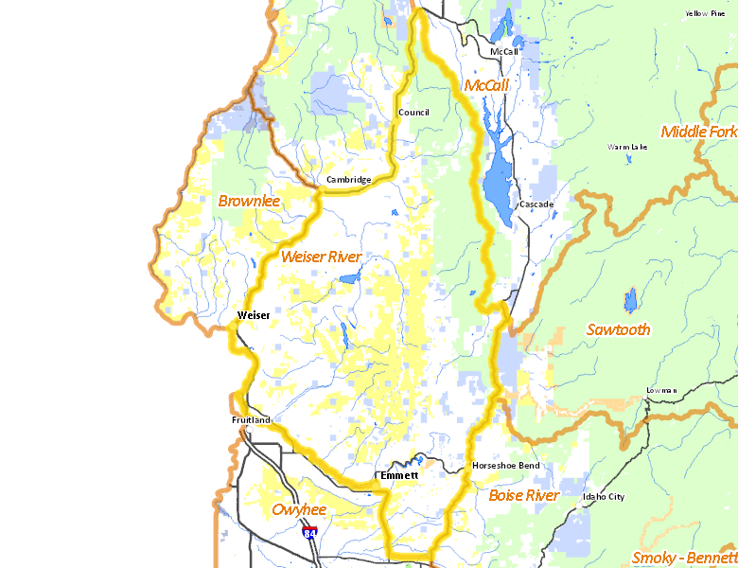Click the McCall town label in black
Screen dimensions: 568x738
504,51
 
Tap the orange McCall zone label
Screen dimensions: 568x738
486,86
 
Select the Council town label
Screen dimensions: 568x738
413,113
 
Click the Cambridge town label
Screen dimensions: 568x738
347,179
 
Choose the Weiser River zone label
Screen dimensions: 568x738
322,257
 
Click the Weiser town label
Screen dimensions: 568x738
254,315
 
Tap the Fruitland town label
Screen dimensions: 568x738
251,419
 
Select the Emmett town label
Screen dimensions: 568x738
398,475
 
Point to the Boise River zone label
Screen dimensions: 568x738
524,495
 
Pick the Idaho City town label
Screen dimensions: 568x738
604,496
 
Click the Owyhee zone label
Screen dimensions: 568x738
299,510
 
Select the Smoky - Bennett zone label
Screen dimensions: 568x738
683,557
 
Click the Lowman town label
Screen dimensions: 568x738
661,390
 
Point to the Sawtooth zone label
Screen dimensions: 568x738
618,329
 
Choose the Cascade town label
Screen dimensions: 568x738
536,204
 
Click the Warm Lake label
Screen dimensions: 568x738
628,148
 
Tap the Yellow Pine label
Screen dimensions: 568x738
705,13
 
